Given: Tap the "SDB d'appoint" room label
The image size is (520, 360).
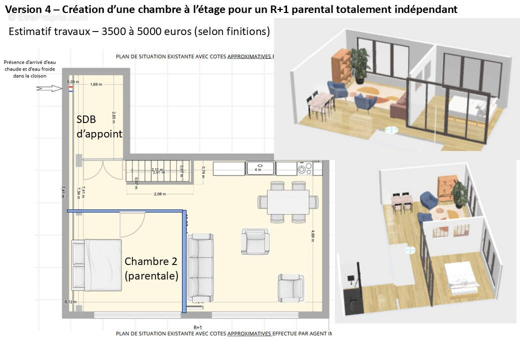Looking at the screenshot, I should [99, 126].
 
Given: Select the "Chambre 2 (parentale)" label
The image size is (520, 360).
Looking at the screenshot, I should [151, 268].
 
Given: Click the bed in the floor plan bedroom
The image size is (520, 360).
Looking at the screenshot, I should [97, 265].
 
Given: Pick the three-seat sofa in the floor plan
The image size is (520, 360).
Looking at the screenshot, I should [200, 267].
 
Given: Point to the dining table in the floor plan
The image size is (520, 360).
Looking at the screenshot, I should [288, 202].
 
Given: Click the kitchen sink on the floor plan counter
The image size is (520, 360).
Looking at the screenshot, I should [260, 168].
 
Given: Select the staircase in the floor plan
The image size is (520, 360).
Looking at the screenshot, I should [157, 170].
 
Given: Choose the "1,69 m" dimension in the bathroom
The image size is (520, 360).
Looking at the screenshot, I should [97, 84].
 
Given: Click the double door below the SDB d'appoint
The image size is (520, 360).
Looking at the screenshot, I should [103, 170].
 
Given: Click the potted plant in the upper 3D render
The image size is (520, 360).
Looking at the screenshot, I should [360, 63].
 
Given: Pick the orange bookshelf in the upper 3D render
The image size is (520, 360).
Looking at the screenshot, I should [341, 65].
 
